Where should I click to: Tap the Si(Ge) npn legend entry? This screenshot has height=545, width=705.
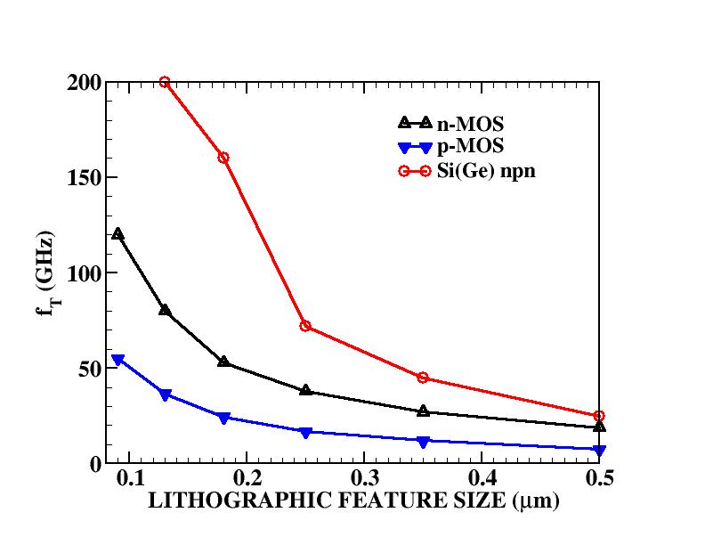tap(485, 171)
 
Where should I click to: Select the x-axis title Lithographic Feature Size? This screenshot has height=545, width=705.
tap(352, 501)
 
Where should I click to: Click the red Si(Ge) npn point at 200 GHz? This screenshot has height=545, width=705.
tap(165, 82)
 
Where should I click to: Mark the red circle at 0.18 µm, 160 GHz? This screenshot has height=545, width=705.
tap(223, 158)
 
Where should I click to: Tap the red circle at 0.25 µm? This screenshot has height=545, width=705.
tap(305, 326)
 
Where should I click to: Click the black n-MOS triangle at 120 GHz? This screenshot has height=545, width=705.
tap(117, 234)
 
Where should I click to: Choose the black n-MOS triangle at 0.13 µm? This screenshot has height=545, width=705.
tap(165, 311)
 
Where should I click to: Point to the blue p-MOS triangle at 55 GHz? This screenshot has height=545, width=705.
tap(117, 360)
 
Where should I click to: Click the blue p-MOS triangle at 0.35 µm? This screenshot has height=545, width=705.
tap(423, 441)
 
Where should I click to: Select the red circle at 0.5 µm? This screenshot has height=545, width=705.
tap(599, 416)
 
